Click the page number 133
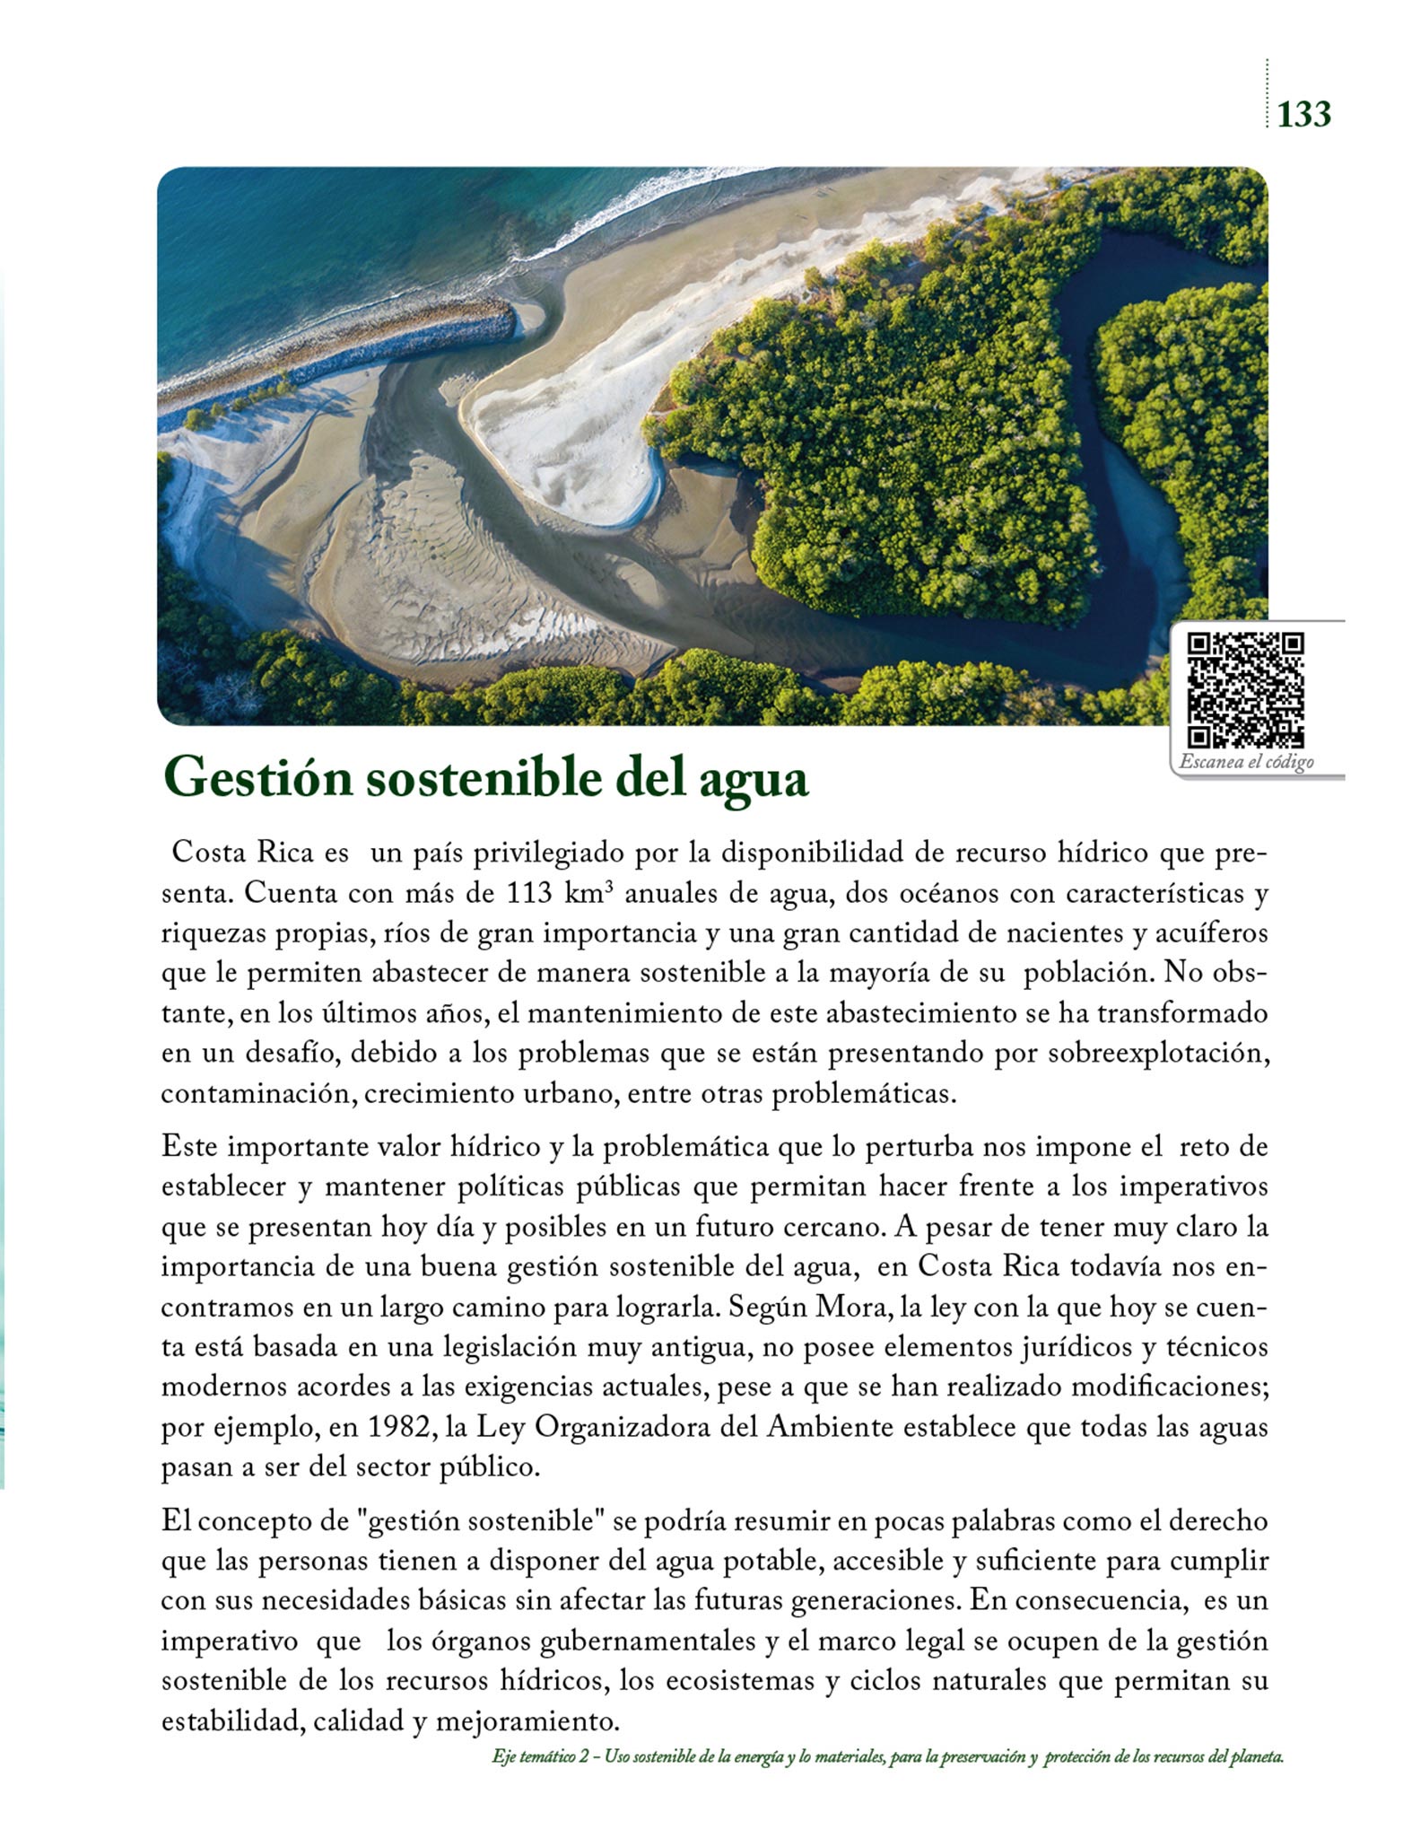point(1303,115)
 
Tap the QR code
point(1245,690)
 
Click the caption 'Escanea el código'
point(1246,762)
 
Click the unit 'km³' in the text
point(589,894)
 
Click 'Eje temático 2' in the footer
point(536,1757)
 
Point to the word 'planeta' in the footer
point(1259,1757)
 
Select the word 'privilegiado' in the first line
point(547,853)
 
